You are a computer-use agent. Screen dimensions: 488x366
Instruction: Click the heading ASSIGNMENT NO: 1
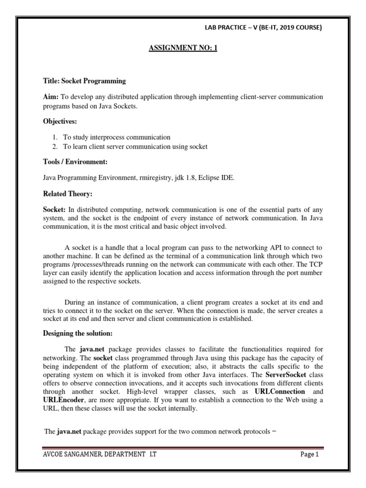(x=183, y=48)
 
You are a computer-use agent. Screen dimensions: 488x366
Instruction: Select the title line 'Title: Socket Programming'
(x=85, y=81)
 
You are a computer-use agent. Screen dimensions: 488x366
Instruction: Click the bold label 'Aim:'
(x=51, y=97)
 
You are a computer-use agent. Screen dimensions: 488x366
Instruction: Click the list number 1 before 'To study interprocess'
(x=55, y=137)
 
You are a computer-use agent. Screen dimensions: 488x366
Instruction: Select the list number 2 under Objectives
(x=55, y=146)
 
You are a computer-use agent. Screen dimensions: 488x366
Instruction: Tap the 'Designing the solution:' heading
(x=78, y=333)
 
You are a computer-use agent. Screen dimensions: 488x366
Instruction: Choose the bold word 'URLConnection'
(x=280, y=391)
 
